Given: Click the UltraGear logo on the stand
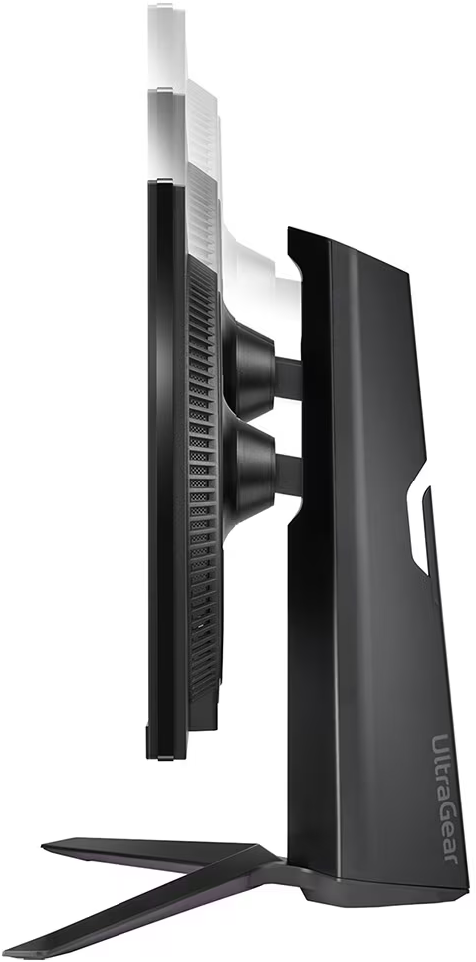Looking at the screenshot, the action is pyautogui.click(x=446, y=799).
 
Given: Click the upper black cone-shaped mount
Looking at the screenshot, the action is pyautogui.click(x=249, y=369).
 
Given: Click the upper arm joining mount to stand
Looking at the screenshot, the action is pyautogui.click(x=289, y=378).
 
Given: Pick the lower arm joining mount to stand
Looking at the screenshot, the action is pyautogui.click(x=289, y=476).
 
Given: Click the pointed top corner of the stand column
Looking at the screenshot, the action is pyautogui.click(x=288, y=229).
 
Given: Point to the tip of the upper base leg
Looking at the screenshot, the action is pyautogui.click(x=43, y=847).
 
